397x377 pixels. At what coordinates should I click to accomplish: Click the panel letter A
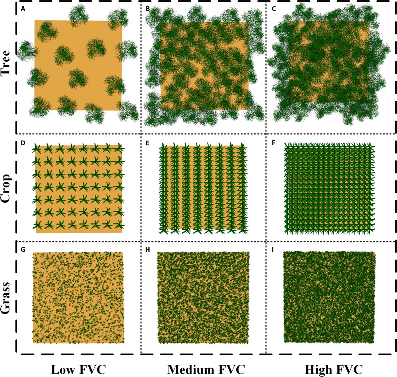[23, 9]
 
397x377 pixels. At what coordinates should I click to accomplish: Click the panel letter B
[148, 9]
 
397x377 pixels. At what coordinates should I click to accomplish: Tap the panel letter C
[274, 9]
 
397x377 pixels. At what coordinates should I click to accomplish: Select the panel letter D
[23, 143]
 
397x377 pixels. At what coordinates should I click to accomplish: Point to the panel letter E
[148, 143]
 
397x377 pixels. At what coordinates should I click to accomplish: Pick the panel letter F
[273, 143]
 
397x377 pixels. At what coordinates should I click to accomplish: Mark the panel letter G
[23, 250]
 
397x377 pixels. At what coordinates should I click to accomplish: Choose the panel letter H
[148, 250]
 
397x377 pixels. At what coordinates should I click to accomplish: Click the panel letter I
[273, 250]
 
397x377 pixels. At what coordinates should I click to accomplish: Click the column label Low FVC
[78, 369]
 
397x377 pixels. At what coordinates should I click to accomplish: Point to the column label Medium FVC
[206, 369]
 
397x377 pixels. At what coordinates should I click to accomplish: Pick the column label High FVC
[333, 369]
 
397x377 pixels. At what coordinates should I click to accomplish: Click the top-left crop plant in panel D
[37, 148]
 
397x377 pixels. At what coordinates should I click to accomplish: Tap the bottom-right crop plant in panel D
[119, 225]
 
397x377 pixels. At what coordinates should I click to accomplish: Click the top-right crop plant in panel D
[119, 148]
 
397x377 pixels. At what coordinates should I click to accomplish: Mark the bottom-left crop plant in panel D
[37, 225]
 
